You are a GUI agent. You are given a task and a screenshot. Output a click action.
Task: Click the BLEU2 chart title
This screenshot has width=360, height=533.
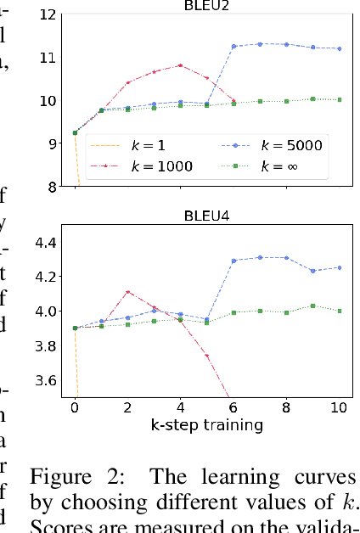(x=207, y=5)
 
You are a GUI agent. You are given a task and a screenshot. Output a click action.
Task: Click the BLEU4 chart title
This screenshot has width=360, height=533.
(x=207, y=216)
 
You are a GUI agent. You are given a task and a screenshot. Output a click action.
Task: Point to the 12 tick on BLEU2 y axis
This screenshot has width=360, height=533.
(x=50, y=15)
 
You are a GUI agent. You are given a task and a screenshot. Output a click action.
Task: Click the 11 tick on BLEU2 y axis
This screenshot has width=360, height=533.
(x=50, y=58)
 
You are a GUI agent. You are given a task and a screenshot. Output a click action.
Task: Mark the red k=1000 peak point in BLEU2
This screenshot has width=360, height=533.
(x=181, y=65)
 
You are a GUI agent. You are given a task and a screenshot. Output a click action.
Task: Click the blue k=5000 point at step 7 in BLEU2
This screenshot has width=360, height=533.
(x=260, y=44)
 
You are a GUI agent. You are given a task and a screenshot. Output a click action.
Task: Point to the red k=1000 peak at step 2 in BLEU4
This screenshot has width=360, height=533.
(x=128, y=292)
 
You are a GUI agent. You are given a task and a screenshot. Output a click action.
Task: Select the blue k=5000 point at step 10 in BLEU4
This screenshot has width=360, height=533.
(x=340, y=267)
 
